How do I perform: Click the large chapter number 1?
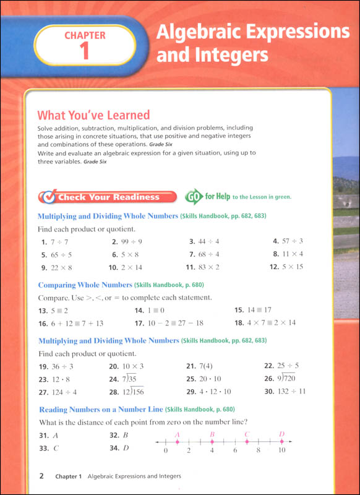[85, 51]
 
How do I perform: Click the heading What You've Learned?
[93, 114]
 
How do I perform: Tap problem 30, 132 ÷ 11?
[292, 392]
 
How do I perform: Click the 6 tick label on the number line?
[235, 451]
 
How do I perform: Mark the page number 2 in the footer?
[41, 476]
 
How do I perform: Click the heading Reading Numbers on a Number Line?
[100, 410]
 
